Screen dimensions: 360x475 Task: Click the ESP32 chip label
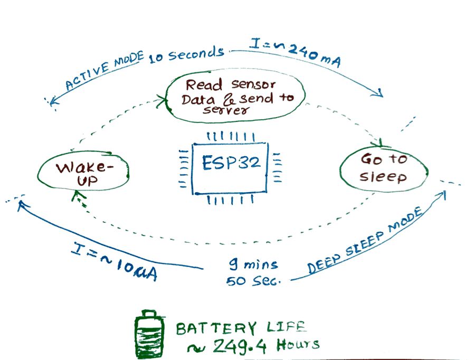coord(231,163)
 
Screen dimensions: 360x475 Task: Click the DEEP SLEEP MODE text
coord(366,241)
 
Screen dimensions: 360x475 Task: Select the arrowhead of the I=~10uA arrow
coord(21,204)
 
